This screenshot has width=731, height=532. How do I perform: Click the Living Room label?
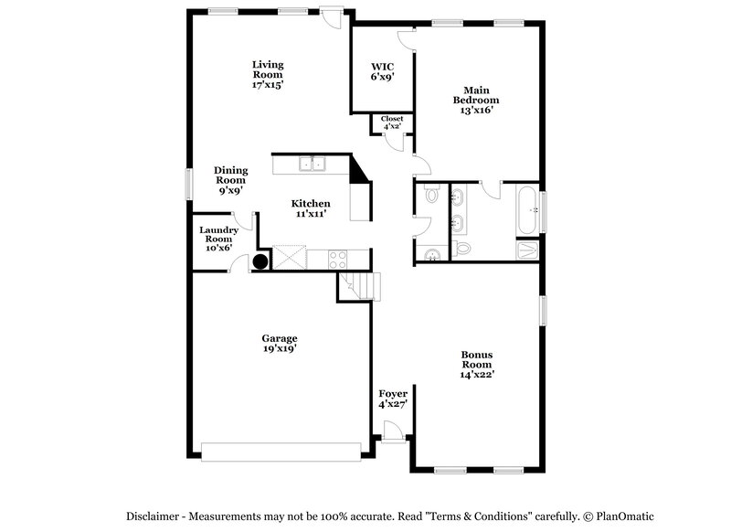coord(268,74)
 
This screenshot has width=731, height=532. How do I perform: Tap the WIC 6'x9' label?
coord(382,71)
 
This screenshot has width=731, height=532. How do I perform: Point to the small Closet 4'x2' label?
coord(392,122)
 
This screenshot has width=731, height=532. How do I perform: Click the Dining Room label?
coord(230,180)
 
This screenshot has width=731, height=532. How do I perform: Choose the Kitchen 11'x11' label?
coord(311,208)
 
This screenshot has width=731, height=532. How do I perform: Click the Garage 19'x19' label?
coord(279,343)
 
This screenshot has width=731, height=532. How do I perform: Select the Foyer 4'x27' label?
coord(392,399)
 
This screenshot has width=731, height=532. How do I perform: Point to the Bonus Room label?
coord(478,364)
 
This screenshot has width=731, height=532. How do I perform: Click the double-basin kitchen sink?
coord(313,165)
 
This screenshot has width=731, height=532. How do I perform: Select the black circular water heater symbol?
coord(260,261)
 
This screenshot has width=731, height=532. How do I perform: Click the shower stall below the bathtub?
coord(527,250)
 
